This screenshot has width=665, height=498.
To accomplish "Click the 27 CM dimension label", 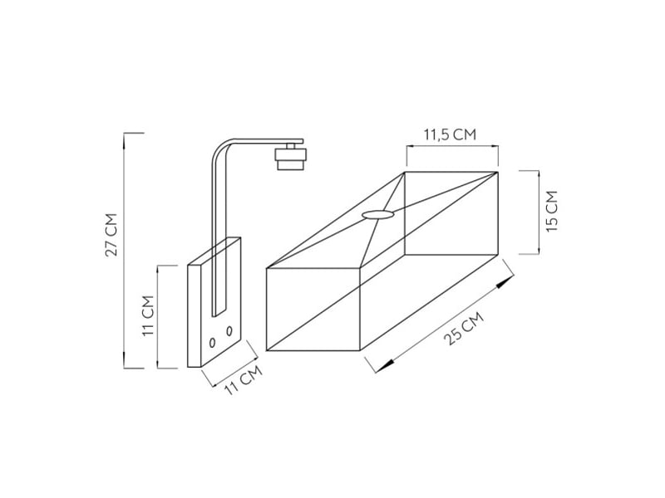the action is [111, 235].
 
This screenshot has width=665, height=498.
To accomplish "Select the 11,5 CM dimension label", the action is [451, 134].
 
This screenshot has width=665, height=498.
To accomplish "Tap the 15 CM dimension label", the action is [552, 212].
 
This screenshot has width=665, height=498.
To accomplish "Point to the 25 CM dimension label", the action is [463, 328].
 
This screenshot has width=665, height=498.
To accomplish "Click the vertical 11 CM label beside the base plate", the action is [148, 315].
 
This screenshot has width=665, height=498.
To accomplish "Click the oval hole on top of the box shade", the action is [378, 215].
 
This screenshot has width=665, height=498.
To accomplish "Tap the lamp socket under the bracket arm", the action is [290, 157].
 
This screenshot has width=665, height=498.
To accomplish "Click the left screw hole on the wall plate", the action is [213, 343].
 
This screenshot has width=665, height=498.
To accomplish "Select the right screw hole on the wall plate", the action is [229, 330].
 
